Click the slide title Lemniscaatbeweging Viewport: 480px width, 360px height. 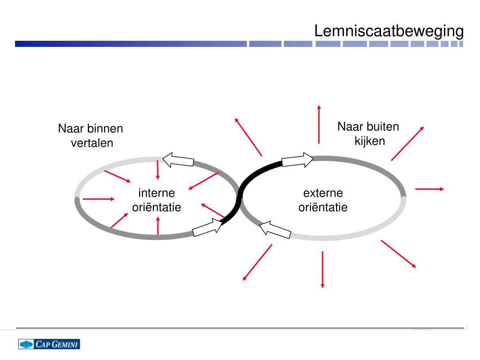click(x=389, y=31)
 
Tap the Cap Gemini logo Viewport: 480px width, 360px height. click(x=49, y=344)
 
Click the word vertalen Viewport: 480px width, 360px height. click(x=92, y=143)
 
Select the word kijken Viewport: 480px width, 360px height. click(x=369, y=141)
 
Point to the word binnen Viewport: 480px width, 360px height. click(x=106, y=128)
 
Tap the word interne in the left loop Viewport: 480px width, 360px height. click(x=157, y=193)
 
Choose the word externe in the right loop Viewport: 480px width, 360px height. click(x=323, y=193)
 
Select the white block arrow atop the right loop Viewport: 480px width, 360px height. click(x=298, y=160)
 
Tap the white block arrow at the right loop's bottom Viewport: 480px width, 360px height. click(x=275, y=229)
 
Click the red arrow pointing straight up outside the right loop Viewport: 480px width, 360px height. click(x=319, y=124)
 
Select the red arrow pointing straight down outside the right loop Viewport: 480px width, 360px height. click(x=322, y=269)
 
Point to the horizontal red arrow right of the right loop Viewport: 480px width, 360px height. click(x=429, y=189)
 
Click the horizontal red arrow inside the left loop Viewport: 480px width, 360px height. click(x=98, y=199)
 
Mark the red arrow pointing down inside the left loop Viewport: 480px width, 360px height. click(x=157, y=170)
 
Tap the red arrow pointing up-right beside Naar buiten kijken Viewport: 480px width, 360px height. click(x=407, y=143)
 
